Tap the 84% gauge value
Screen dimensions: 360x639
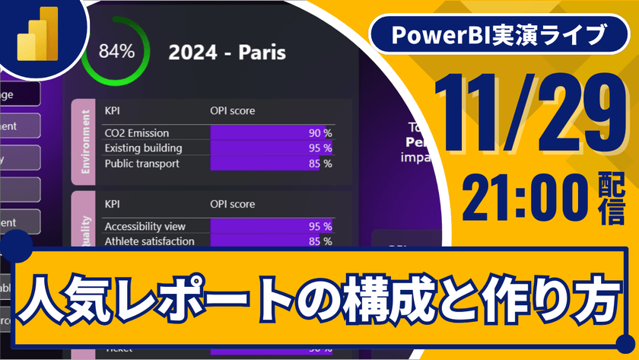click(x=116, y=52)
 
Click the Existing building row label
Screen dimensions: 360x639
click(x=143, y=148)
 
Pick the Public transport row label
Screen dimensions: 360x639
click(x=141, y=163)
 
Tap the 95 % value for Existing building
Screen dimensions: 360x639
click(x=319, y=148)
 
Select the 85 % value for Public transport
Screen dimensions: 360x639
click(x=319, y=163)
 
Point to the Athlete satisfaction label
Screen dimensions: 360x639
click(x=149, y=241)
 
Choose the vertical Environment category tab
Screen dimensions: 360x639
click(x=82, y=142)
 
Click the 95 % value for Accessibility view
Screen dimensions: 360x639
click(x=319, y=226)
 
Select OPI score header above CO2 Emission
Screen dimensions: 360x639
click(x=232, y=111)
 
